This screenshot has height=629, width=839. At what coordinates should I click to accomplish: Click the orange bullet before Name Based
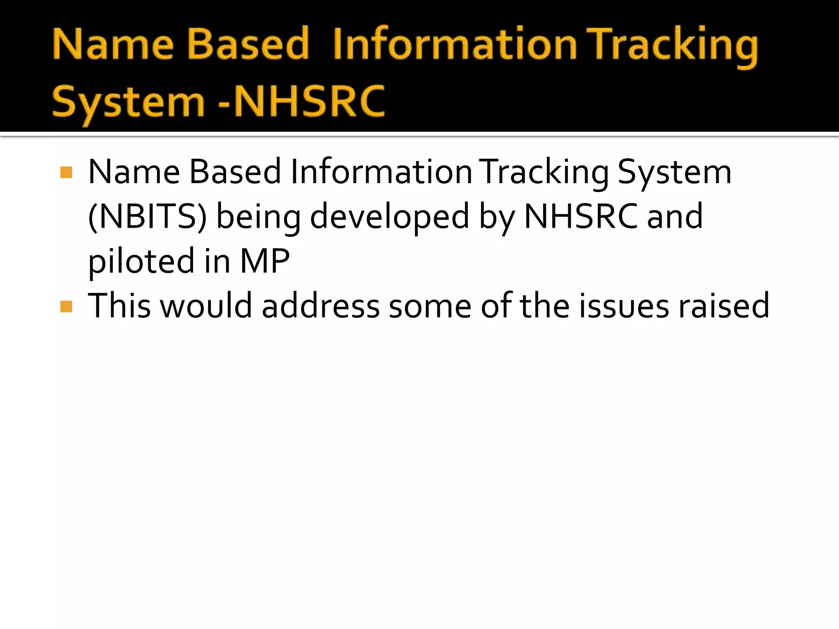click(66, 172)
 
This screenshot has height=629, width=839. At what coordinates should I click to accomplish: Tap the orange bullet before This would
click(66, 306)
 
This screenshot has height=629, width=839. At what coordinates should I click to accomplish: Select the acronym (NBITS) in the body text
click(147, 217)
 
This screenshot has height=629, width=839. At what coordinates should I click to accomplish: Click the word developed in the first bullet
click(389, 217)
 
